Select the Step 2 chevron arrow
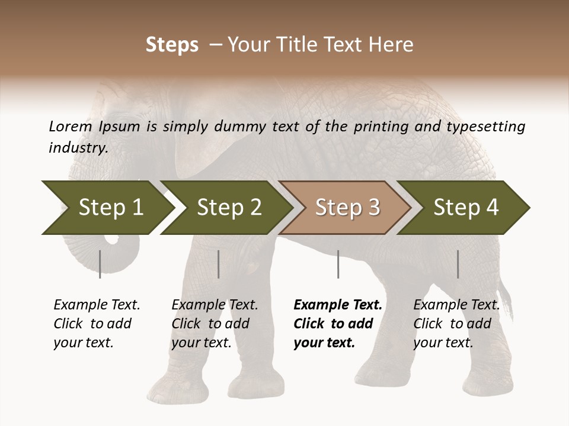(x=228, y=208)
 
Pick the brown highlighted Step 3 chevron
(x=346, y=208)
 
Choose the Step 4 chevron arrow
(x=465, y=208)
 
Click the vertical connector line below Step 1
(x=100, y=264)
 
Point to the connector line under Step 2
(x=219, y=264)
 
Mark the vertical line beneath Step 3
(x=338, y=264)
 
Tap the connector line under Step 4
(x=458, y=264)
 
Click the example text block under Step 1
(x=96, y=324)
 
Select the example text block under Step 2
(x=214, y=324)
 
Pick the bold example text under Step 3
(x=337, y=324)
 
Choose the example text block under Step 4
(x=456, y=324)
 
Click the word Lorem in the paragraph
(x=71, y=127)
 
